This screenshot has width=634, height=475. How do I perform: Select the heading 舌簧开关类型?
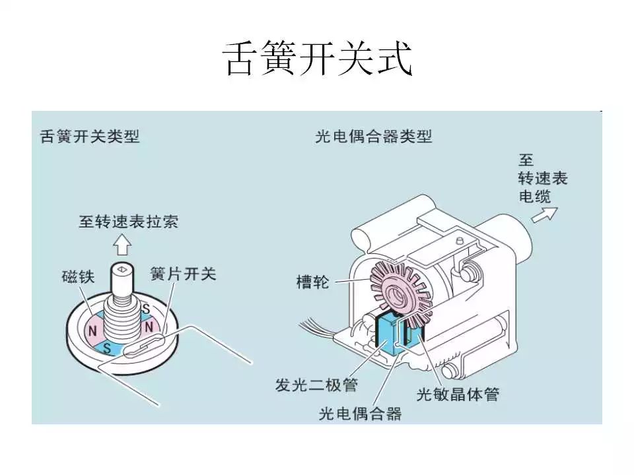tap(90, 137)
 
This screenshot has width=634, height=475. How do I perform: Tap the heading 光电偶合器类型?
tap(374, 137)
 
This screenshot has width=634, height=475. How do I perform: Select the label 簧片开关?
tap(183, 273)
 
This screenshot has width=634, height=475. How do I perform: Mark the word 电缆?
tap(534, 196)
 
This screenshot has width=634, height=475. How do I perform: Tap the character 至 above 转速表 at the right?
tap(526, 161)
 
